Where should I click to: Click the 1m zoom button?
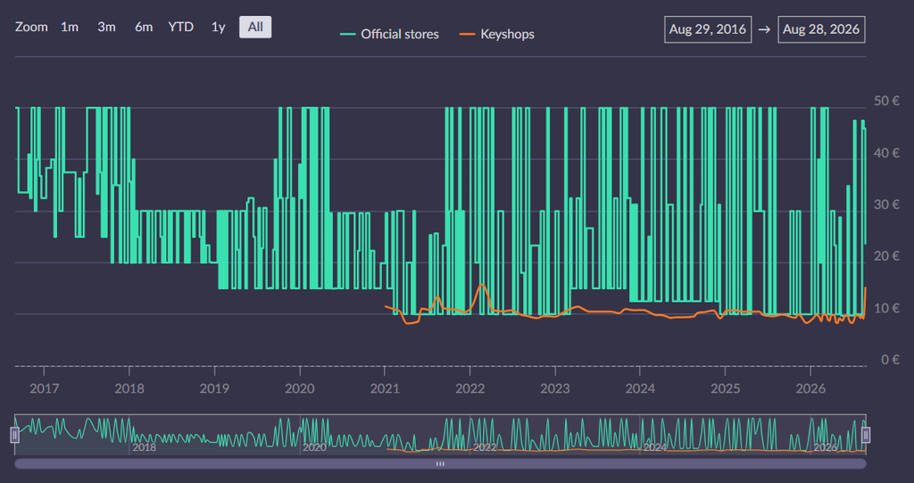(70, 27)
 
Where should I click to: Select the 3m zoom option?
(106, 27)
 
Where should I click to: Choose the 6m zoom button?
(144, 27)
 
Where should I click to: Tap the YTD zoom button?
(180, 27)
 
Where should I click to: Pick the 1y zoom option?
(218, 27)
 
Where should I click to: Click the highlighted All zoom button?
(255, 27)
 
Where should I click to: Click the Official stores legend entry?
(389, 34)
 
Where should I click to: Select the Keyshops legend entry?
(496, 34)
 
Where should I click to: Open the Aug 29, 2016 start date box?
(708, 29)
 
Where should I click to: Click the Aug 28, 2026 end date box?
(821, 29)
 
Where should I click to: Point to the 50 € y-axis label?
(886, 101)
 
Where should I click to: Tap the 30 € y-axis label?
(886, 204)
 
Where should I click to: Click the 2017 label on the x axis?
(45, 387)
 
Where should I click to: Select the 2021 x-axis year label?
(385, 387)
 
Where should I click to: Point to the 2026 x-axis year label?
(810, 387)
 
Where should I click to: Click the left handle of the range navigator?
(15, 435)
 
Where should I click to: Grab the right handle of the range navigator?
(866, 435)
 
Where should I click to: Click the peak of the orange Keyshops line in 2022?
(481, 285)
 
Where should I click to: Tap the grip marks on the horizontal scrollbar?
(441, 463)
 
